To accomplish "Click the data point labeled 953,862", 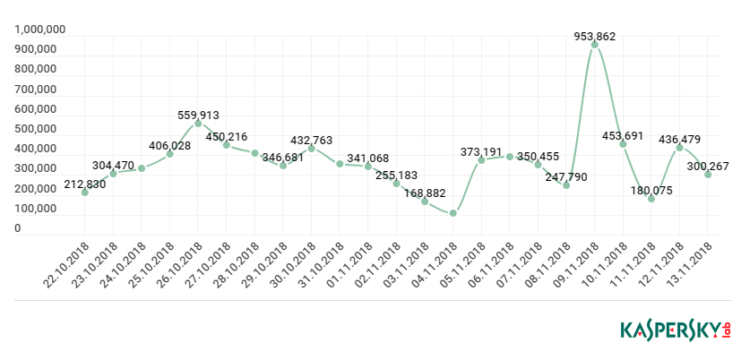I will click(594, 44).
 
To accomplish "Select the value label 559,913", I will click(197, 116).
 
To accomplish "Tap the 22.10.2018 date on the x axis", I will click(68, 264).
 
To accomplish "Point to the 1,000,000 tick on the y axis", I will click(40, 30).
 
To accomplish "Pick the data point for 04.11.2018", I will click(452, 213).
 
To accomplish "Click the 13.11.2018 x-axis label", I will click(691, 264).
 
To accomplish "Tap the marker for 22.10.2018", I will click(85, 193).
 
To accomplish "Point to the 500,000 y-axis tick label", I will click(36, 129).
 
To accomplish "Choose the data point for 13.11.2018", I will click(708, 175).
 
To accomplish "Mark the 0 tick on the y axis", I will click(17, 228).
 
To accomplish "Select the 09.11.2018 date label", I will click(577, 264).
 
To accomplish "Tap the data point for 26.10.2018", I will click(198, 124).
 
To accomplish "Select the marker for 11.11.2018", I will click(651, 199).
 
